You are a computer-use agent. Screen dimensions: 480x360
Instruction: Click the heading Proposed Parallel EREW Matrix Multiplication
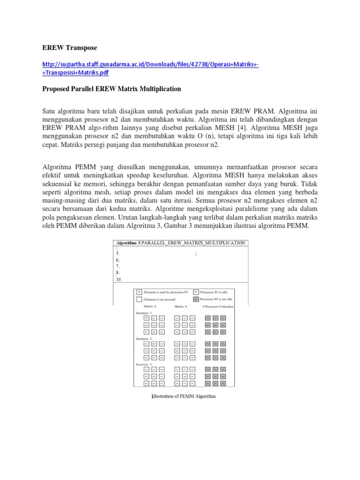[111, 89]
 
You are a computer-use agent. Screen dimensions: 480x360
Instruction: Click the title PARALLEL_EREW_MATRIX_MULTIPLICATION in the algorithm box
[193, 243]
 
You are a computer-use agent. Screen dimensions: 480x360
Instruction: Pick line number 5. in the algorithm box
[119, 254]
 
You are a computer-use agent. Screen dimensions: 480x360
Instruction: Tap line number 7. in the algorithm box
[119, 266]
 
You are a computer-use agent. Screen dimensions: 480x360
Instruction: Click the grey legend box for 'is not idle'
[196, 299]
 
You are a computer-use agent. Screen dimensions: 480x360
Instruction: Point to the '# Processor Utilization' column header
[217, 306]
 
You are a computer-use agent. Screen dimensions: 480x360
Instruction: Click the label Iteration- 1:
[144, 312]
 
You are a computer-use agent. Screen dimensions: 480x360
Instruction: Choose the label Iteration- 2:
[144, 338]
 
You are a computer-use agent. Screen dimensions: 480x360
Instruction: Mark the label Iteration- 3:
[144, 364]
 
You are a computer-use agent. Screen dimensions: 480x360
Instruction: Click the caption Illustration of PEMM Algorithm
[184, 397]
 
